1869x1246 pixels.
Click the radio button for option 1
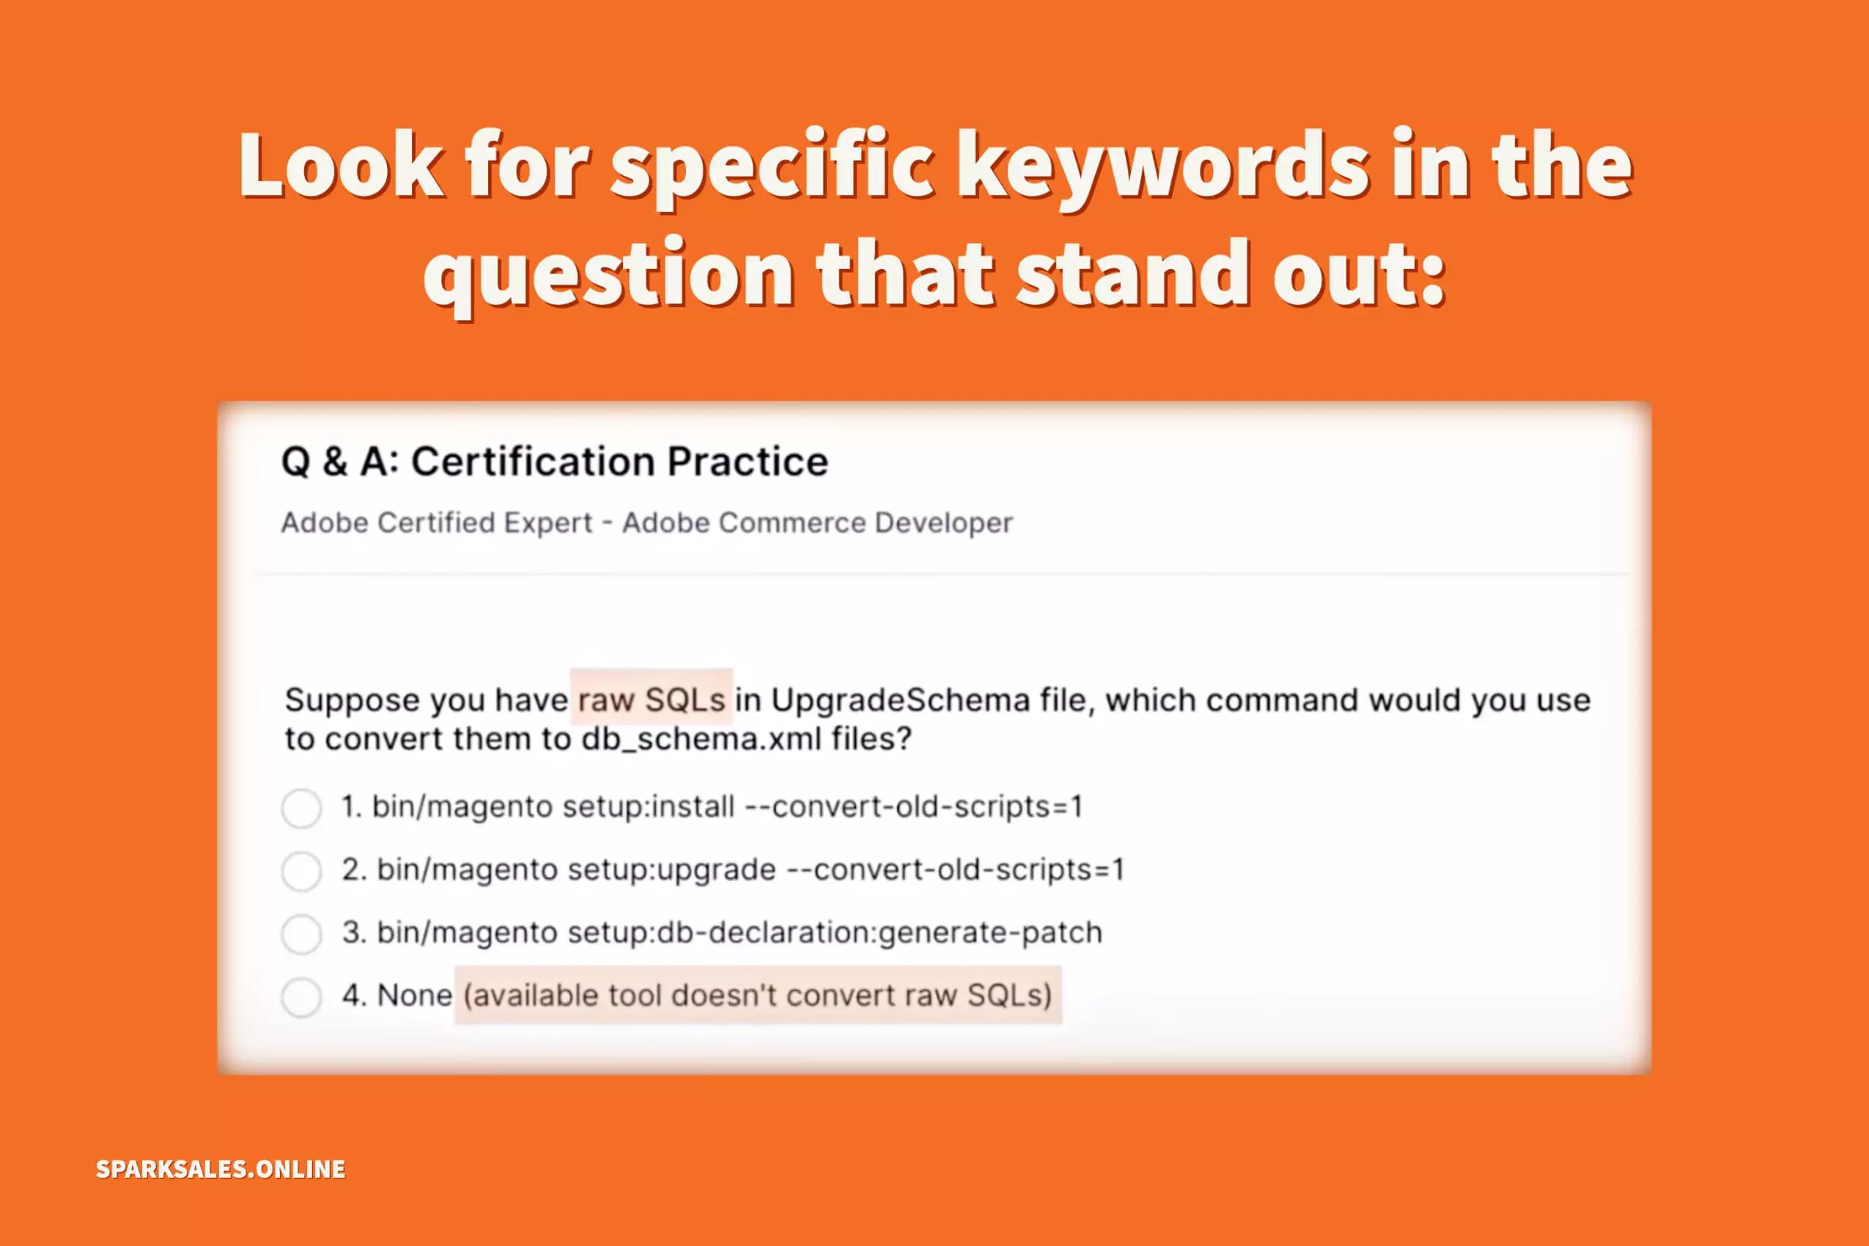point(301,808)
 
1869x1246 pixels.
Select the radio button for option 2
point(301,871)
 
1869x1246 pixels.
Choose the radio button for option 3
point(301,934)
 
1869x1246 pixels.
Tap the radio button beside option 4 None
point(301,997)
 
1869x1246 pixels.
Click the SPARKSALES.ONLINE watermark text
point(221,1169)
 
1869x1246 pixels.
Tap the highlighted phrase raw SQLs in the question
point(652,700)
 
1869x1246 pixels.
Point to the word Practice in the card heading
point(748,462)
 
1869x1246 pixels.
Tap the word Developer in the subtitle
point(943,523)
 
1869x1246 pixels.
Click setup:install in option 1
point(649,808)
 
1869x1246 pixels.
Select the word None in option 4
point(414,995)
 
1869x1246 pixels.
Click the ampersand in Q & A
point(334,462)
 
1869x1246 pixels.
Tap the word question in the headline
point(608,274)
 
